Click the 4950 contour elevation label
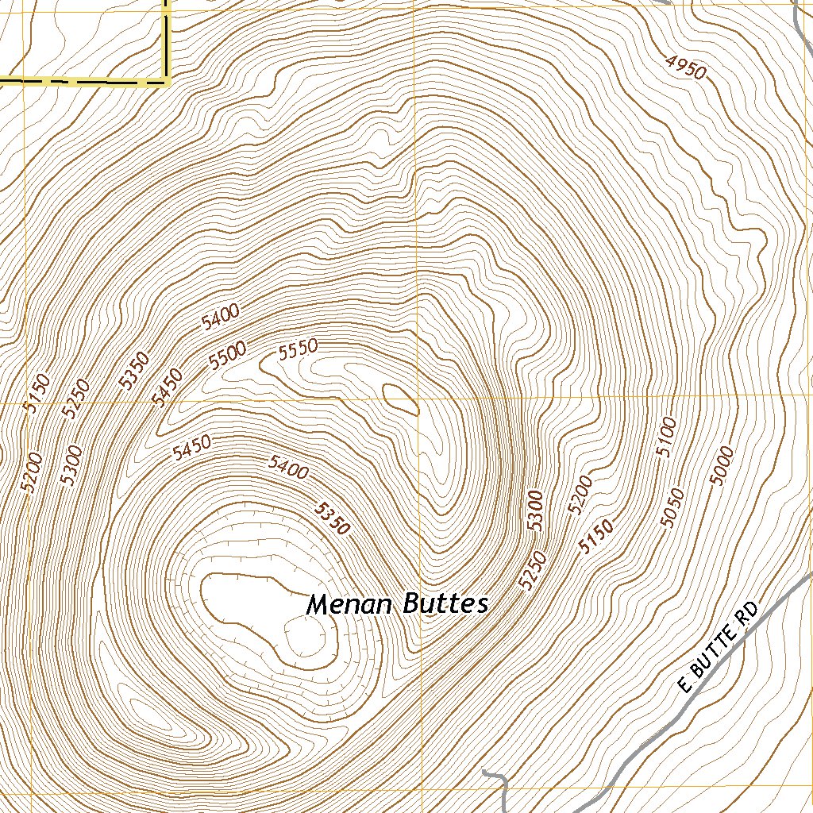pyautogui.click(x=685, y=68)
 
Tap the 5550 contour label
pyautogui.click(x=298, y=350)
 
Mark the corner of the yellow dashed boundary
pyautogui.click(x=168, y=80)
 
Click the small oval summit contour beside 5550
pyautogui.click(x=401, y=399)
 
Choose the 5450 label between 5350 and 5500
pyautogui.click(x=168, y=387)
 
